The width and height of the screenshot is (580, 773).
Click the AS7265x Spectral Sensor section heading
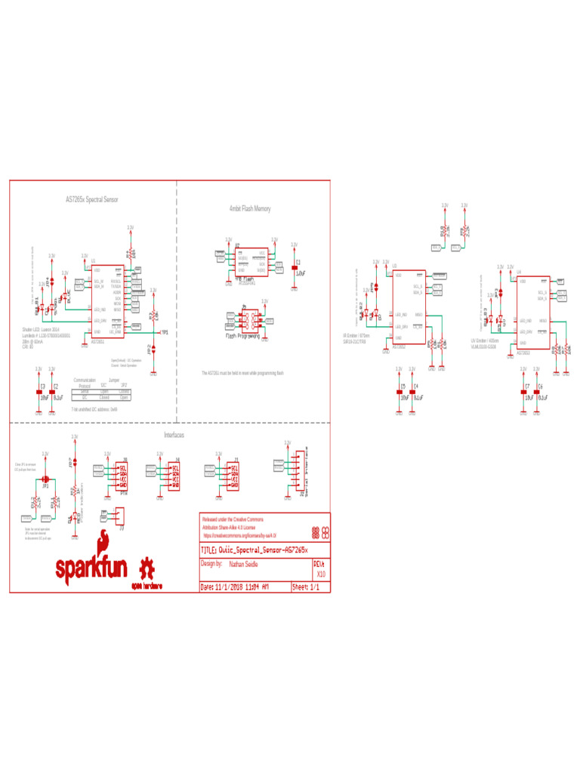(x=91, y=200)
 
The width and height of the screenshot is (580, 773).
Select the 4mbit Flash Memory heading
(x=249, y=208)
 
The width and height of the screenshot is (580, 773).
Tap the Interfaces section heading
(x=174, y=436)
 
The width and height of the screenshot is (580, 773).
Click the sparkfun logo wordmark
(x=91, y=567)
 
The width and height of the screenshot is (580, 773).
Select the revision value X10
(x=320, y=574)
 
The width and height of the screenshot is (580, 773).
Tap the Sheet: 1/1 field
(x=310, y=587)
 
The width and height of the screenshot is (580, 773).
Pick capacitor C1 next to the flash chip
(x=295, y=267)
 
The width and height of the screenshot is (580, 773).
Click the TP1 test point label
(x=164, y=332)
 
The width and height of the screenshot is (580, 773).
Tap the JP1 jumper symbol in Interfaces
(x=45, y=479)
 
